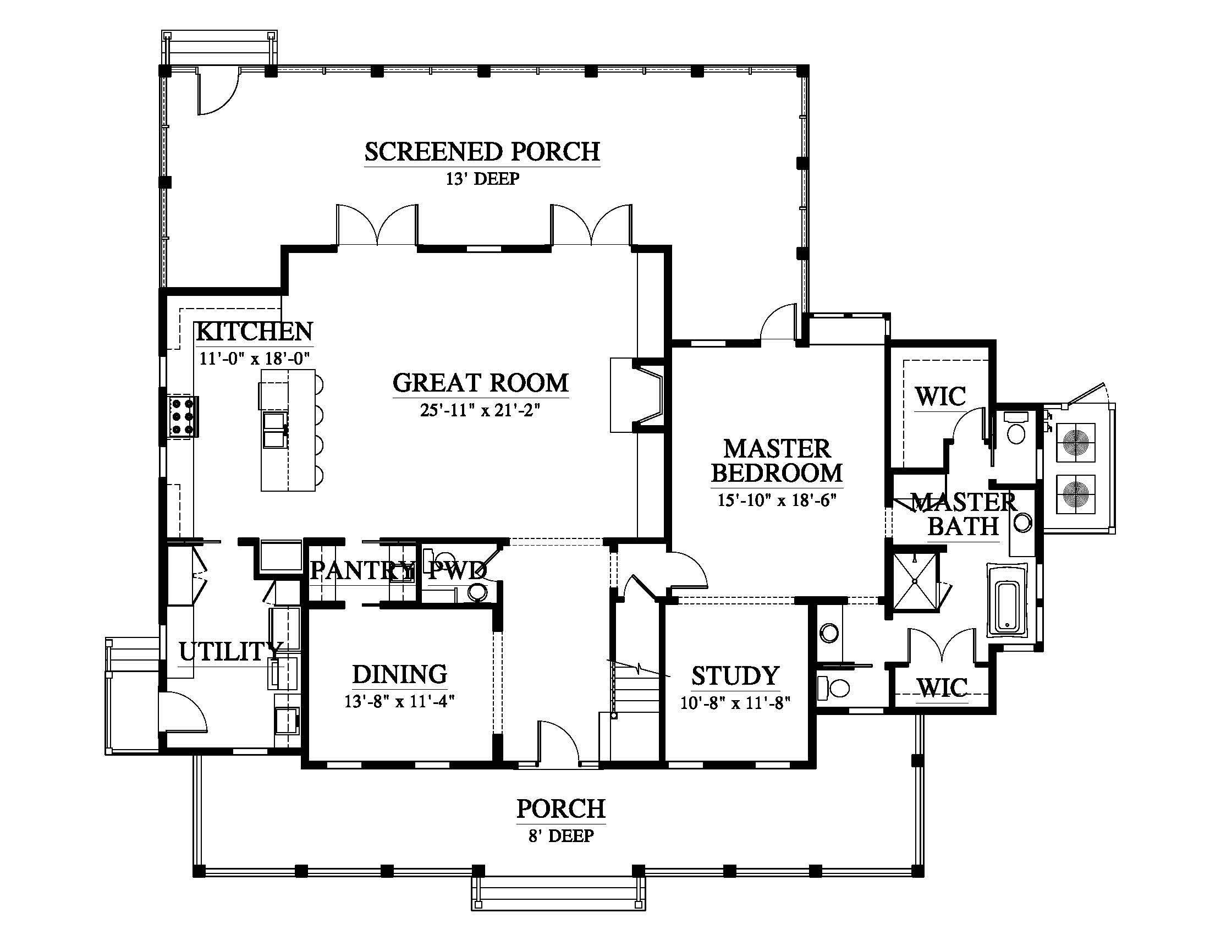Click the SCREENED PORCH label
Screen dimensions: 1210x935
pos(482,151)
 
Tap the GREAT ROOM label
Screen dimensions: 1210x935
pos(480,383)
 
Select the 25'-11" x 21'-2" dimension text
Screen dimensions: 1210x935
pos(480,410)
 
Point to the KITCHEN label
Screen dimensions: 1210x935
pos(254,331)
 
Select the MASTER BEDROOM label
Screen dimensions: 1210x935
pos(777,460)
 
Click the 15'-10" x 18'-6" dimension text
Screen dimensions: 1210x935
pos(777,500)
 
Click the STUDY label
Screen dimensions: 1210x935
pos(735,676)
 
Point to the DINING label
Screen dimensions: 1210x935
pos(399,674)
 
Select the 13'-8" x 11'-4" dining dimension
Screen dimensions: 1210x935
pos(399,701)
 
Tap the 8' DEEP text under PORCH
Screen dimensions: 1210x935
pos(560,836)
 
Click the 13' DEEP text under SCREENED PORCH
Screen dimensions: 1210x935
pos(482,179)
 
